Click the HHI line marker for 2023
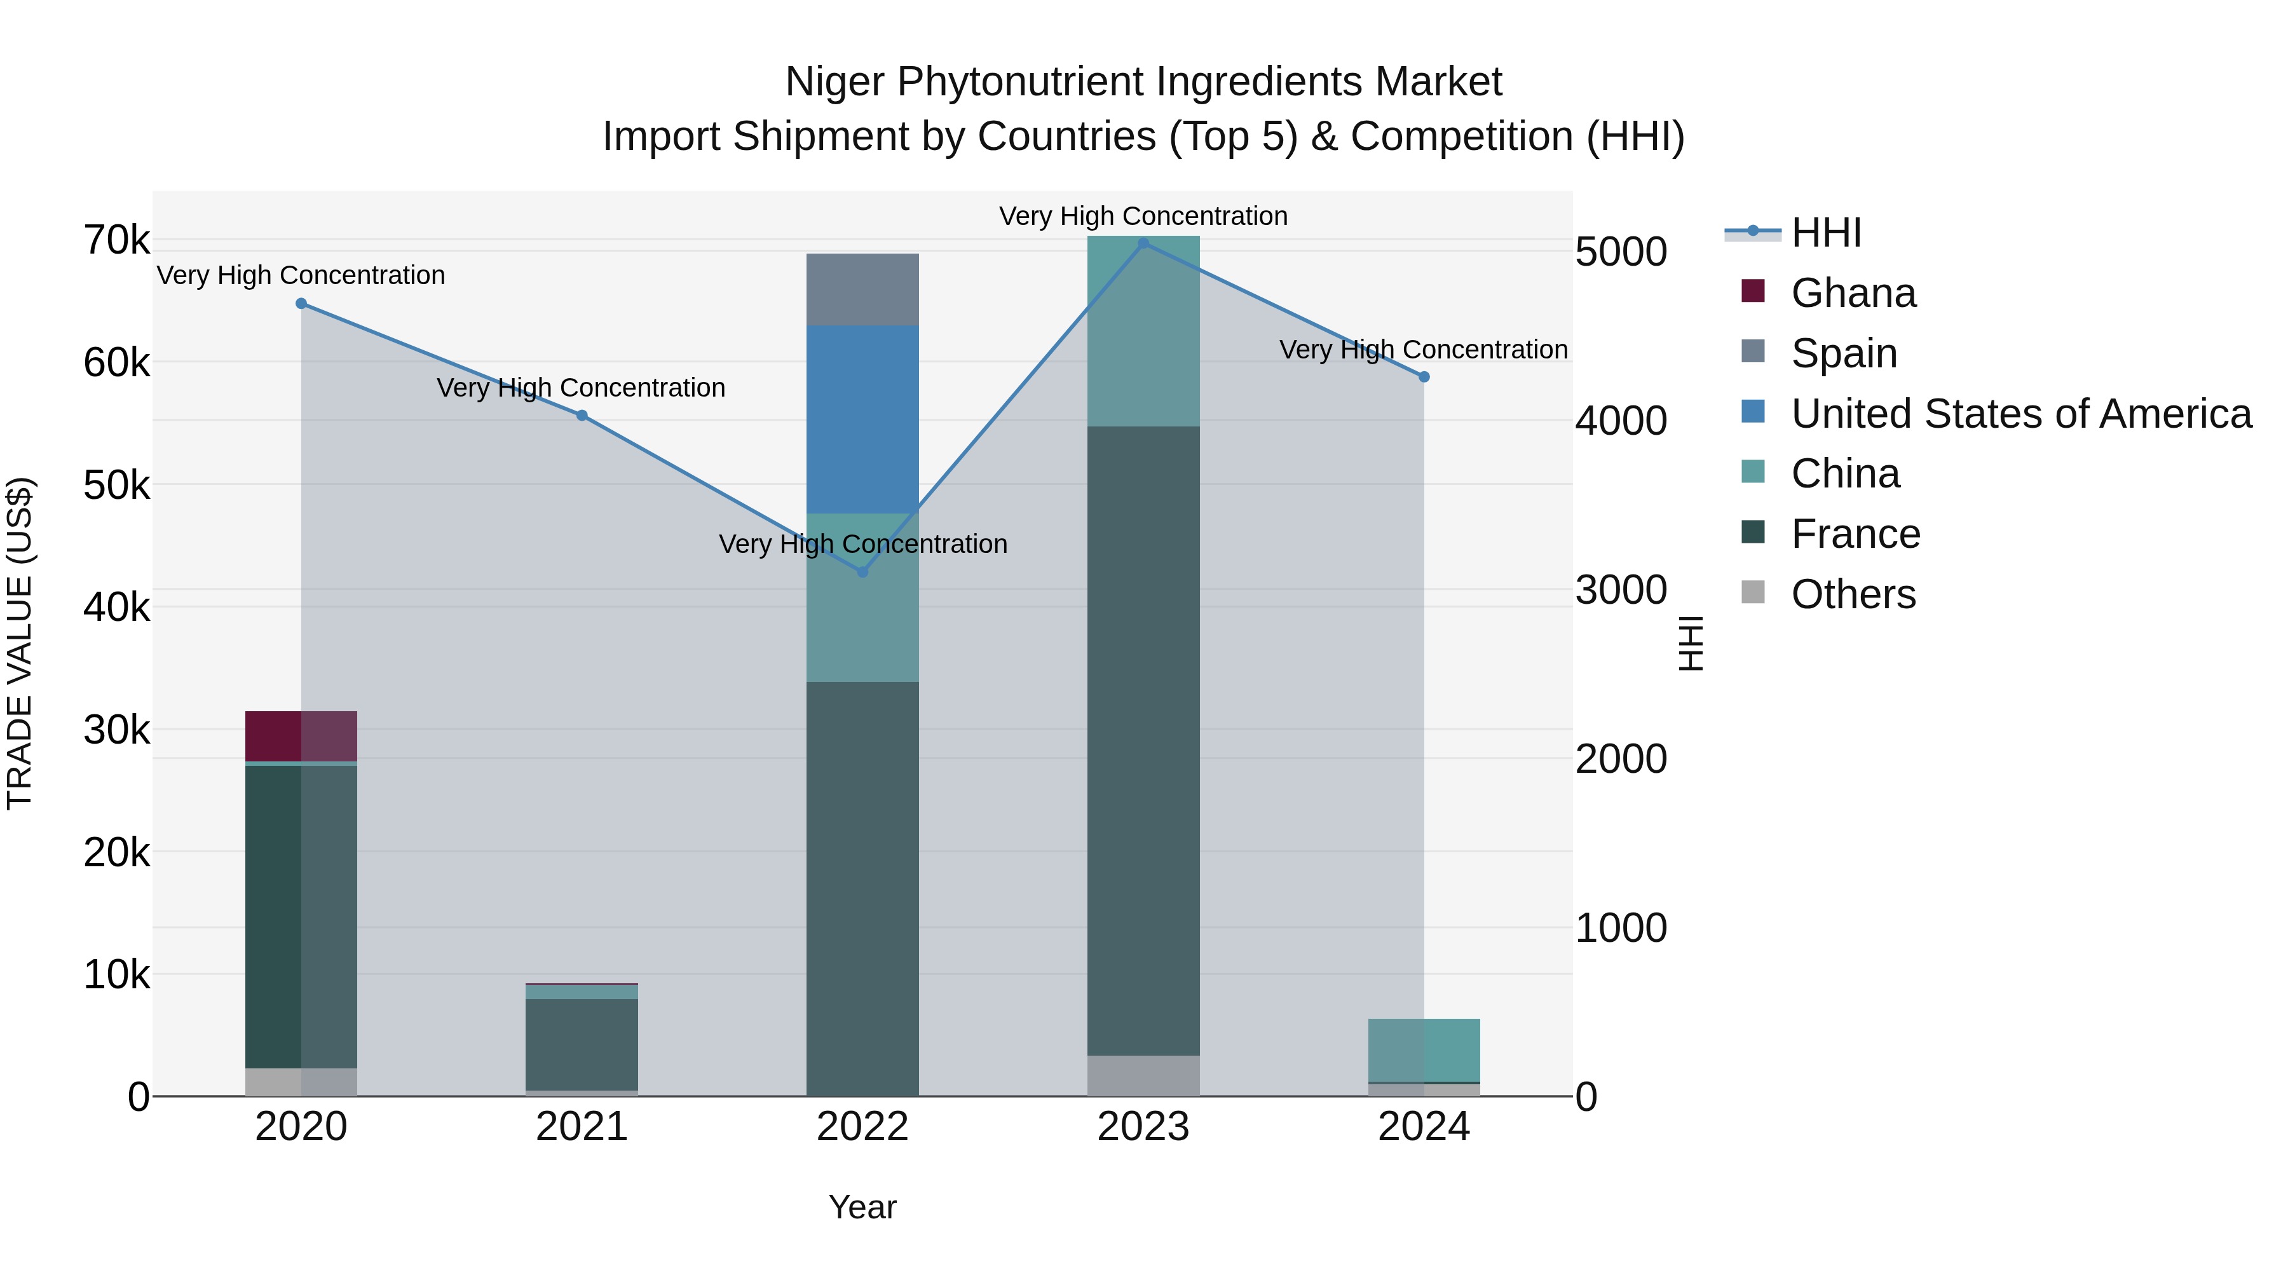click(1143, 243)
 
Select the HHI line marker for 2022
click(862, 572)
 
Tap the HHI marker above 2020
click(301, 304)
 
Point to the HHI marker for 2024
click(1424, 378)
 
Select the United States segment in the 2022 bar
click(862, 419)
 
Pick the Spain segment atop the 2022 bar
click(862, 290)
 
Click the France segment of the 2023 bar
click(1143, 741)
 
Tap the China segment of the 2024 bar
click(1424, 1050)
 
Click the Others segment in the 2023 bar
click(1143, 1075)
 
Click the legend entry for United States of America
click(2020, 414)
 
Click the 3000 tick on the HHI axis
click(1621, 590)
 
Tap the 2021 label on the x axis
click(582, 1127)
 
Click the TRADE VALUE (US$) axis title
click(20, 643)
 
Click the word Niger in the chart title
click(835, 82)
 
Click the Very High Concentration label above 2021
click(582, 388)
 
